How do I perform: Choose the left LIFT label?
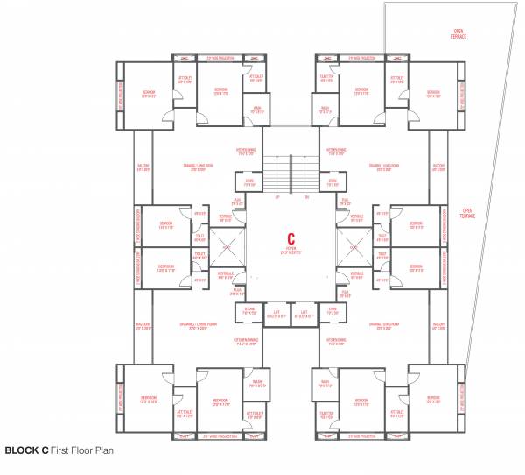point(277,313)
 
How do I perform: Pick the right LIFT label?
point(304,313)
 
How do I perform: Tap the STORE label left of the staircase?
point(248,183)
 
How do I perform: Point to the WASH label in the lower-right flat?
point(325,382)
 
